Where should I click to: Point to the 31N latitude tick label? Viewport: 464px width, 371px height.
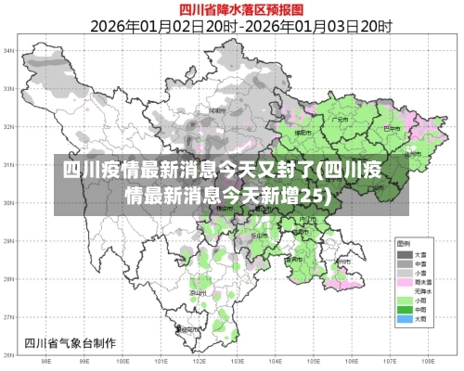(8, 164)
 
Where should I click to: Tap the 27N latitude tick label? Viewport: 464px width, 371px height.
(8, 317)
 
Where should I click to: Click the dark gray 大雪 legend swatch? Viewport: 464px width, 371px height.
(406, 253)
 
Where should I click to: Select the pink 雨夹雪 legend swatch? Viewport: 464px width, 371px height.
(406, 281)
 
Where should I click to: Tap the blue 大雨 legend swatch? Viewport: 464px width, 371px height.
(406, 319)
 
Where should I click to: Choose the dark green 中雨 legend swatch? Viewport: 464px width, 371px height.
(406, 310)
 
